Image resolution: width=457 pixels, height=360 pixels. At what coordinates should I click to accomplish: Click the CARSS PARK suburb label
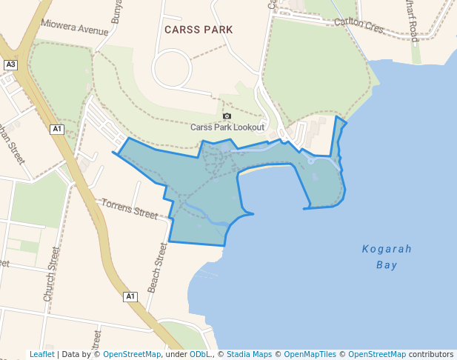click(x=198, y=29)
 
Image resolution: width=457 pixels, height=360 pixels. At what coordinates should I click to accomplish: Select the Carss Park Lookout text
click(x=227, y=127)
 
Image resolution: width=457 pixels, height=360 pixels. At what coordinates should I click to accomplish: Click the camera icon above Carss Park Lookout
click(x=227, y=116)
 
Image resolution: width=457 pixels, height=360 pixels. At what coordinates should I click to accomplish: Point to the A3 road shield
click(x=10, y=64)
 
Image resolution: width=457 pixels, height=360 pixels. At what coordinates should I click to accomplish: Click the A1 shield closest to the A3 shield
click(x=57, y=129)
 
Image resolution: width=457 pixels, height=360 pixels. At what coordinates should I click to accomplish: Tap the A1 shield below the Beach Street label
click(x=130, y=296)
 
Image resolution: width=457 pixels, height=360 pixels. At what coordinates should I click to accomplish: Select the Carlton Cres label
click(x=359, y=25)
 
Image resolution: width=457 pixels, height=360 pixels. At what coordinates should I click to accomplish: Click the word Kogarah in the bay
click(x=387, y=249)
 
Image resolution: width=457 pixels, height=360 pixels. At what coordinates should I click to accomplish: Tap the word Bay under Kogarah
click(x=387, y=264)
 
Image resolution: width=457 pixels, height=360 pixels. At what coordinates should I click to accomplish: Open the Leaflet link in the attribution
click(x=41, y=354)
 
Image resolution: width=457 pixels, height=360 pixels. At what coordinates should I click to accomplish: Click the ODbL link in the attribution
click(x=200, y=354)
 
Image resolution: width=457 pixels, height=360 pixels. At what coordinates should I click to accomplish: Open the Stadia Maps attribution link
click(x=249, y=354)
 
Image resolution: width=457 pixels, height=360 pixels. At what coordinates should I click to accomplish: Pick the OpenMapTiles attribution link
click(x=313, y=354)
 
